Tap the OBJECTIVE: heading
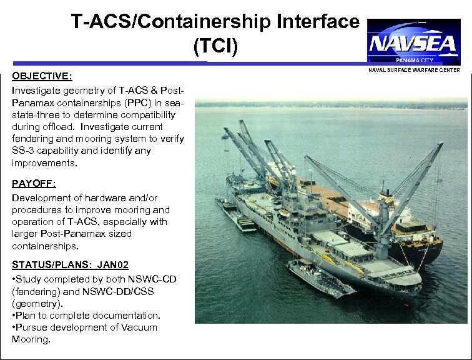(42, 76)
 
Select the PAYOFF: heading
(34, 184)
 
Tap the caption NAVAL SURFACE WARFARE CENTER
(413, 70)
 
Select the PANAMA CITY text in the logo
(414, 59)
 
